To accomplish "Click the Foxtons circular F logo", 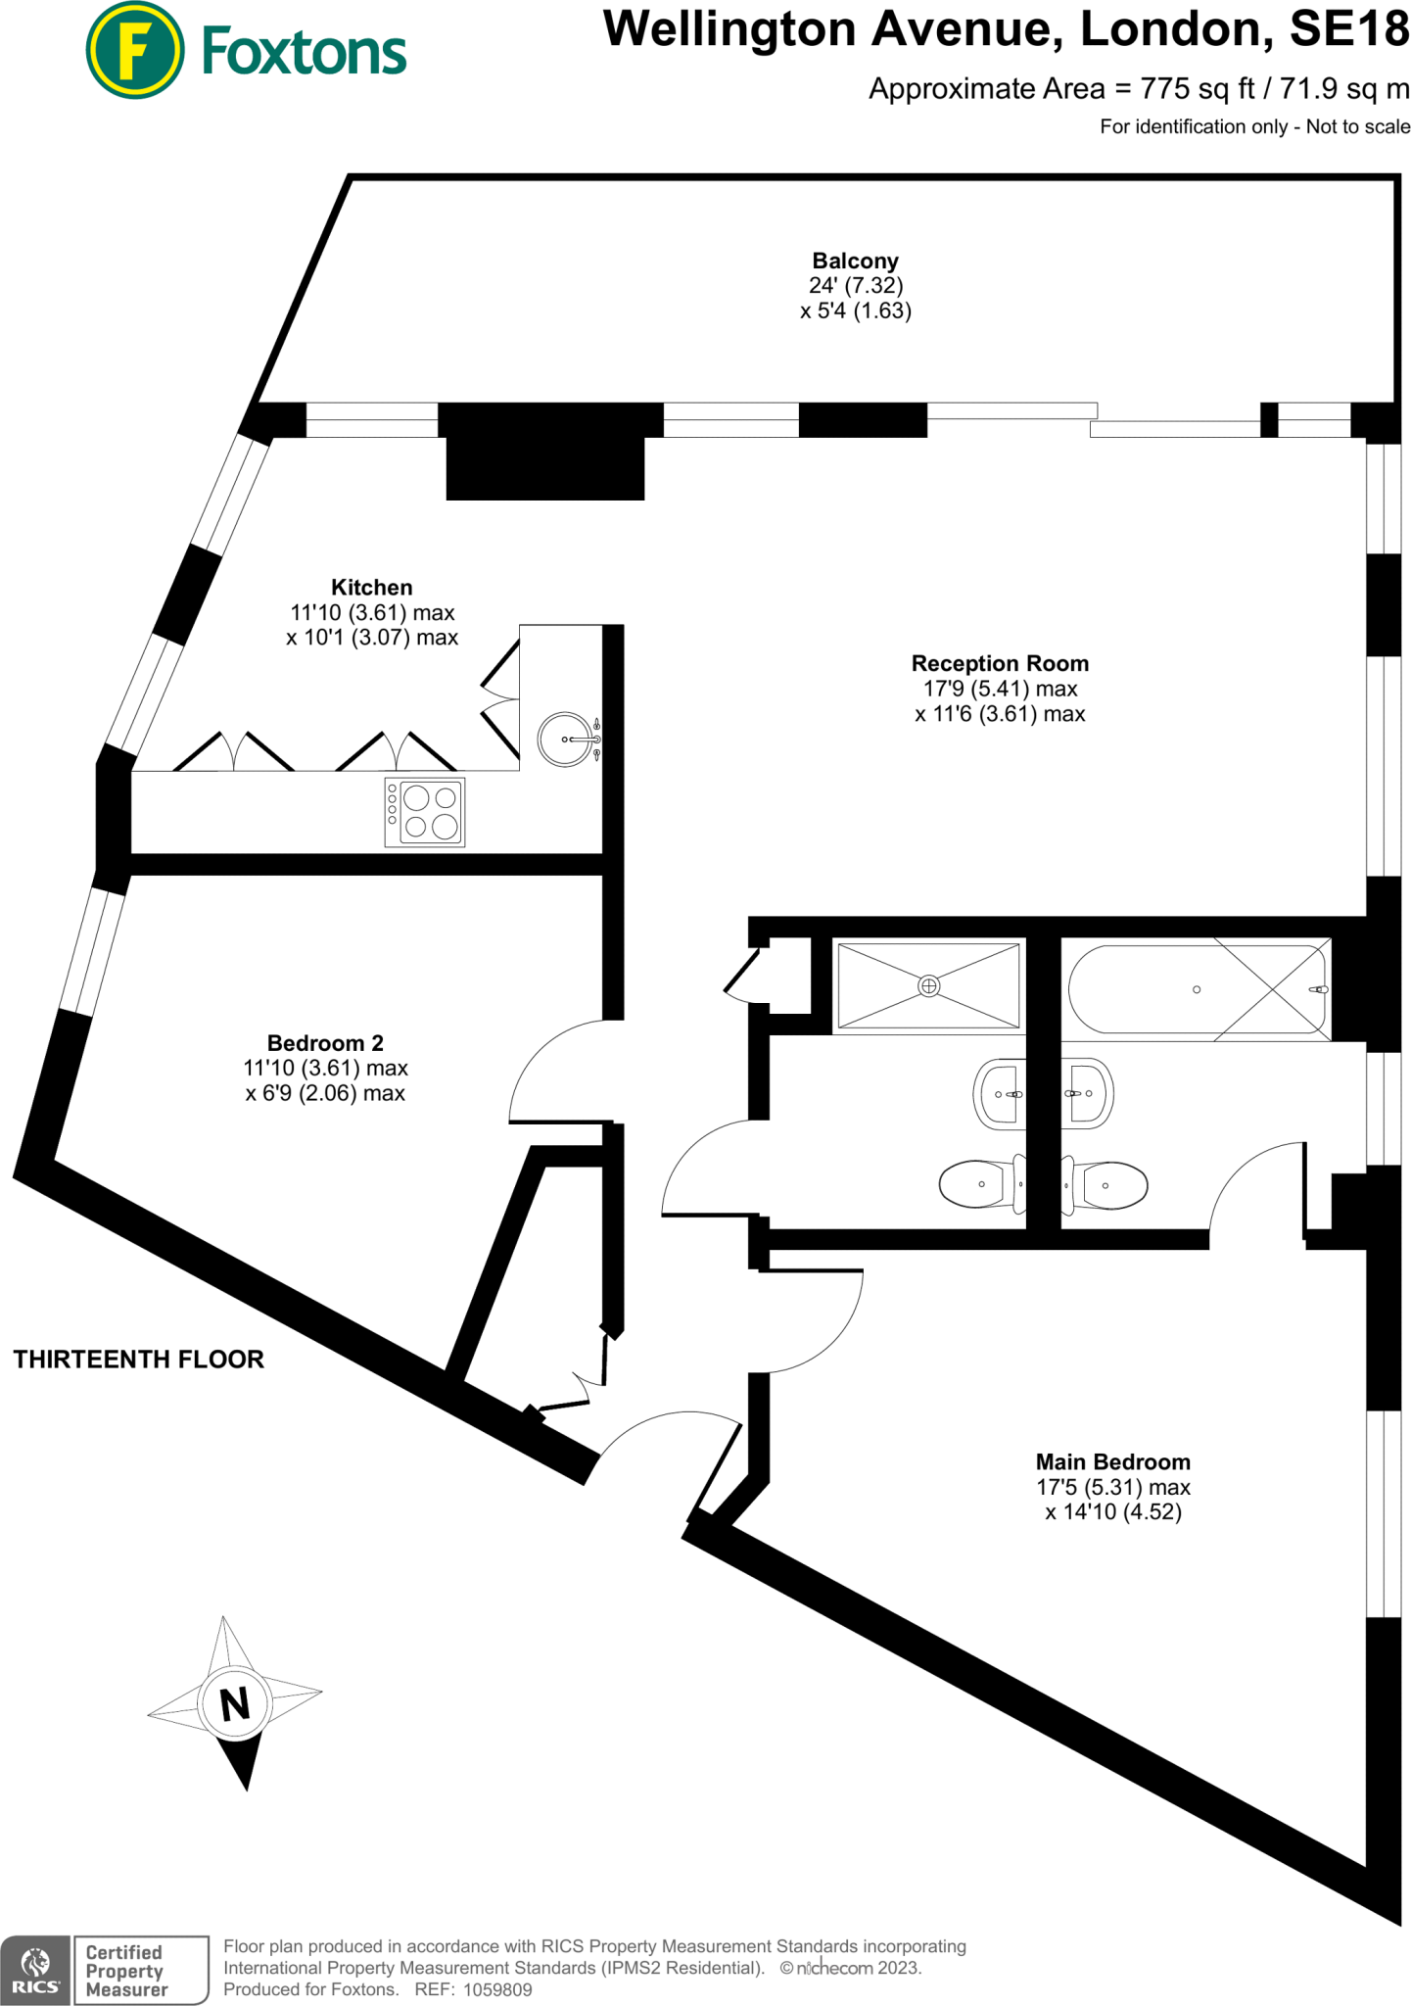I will [134, 51].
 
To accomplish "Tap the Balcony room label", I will [855, 262].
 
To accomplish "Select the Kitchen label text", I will [372, 588].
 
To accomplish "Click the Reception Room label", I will [1000, 664].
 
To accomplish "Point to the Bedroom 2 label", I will [325, 1043].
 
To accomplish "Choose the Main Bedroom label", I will [1113, 1462].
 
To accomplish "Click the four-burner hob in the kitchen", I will [425, 812].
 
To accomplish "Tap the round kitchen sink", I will [567, 740].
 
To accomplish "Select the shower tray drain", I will [929, 986].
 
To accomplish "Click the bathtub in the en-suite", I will [1197, 989].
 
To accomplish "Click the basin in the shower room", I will [999, 1093].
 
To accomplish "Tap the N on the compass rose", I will [235, 1705].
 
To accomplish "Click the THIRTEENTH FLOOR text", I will [138, 1360].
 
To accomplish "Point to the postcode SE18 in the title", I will [1349, 29].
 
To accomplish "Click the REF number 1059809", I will [497, 1989].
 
